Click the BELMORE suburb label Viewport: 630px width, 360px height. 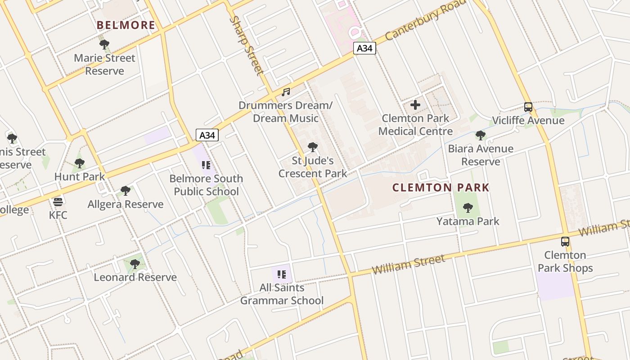[126, 25]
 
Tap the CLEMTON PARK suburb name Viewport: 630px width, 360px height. [441, 188]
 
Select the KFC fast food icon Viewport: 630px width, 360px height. [58, 202]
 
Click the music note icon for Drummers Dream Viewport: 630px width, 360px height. [286, 92]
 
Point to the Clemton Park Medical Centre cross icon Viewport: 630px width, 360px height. [415, 105]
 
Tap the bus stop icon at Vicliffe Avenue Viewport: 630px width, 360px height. [528, 107]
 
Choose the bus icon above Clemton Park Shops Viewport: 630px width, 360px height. [565, 242]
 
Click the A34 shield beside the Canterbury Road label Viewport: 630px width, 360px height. [364, 48]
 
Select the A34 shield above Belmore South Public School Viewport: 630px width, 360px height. [207, 135]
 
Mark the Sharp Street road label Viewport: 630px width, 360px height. [246, 45]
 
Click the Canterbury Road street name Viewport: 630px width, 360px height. [425, 20]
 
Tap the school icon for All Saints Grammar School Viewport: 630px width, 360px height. [282, 274]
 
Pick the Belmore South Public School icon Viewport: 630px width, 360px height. [206, 165]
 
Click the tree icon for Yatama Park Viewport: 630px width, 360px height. [468, 208]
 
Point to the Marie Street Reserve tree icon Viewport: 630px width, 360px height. [104, 45]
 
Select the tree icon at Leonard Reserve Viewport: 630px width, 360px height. [135, 264]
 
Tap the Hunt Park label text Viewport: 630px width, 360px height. [80, 177]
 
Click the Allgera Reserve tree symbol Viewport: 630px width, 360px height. [126, 191]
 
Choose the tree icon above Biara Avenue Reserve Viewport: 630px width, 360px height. [481, 135]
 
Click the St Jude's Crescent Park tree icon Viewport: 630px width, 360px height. [312, 147]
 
